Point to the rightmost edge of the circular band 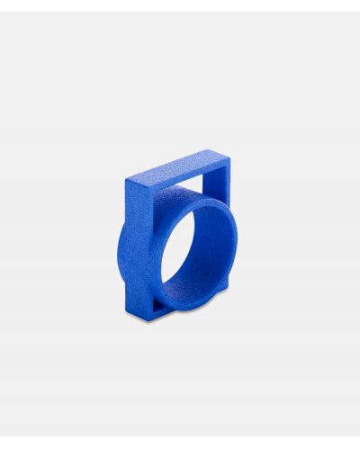click(239, 247)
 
